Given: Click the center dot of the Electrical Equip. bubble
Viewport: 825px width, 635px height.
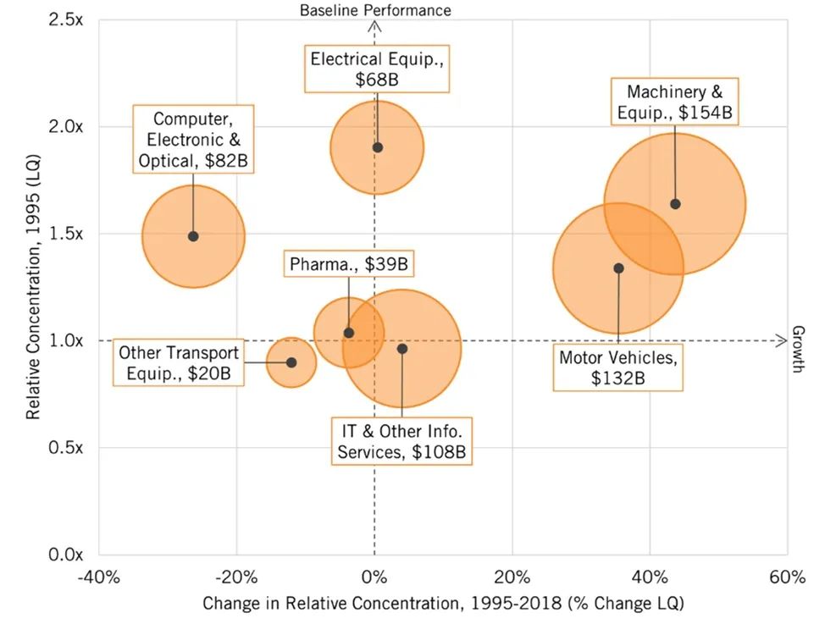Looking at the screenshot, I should click(x=378, y=147).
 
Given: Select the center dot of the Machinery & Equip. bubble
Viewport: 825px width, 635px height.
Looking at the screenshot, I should click(x=675, y=204).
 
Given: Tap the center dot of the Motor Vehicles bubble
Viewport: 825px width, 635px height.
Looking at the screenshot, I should click(x=618, y=268).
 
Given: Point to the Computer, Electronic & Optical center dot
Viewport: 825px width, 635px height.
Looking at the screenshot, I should click(x=193, y=236).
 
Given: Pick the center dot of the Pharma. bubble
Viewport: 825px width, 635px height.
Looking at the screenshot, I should click(x=349, y=333).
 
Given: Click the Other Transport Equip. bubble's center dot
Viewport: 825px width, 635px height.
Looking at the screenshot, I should click(x=291, y=362).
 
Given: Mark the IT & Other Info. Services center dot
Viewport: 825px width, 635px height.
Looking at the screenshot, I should click(x=402, y=349).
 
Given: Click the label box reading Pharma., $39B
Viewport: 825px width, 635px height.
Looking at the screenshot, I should click(x=349, y=265).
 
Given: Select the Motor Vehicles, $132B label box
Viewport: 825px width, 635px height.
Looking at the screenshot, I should click(x=618, y=367).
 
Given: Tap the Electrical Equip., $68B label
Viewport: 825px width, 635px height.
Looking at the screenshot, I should click(x=377, y=69).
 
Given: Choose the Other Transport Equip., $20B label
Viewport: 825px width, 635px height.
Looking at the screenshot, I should click(x=179, y=363).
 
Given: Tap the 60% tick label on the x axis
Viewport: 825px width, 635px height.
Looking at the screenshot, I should click(x=787, y=578).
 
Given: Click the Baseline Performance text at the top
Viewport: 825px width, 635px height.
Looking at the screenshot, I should click(x=375, y=9).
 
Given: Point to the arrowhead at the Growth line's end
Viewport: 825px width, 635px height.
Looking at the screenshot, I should click(x=784, y=340).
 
